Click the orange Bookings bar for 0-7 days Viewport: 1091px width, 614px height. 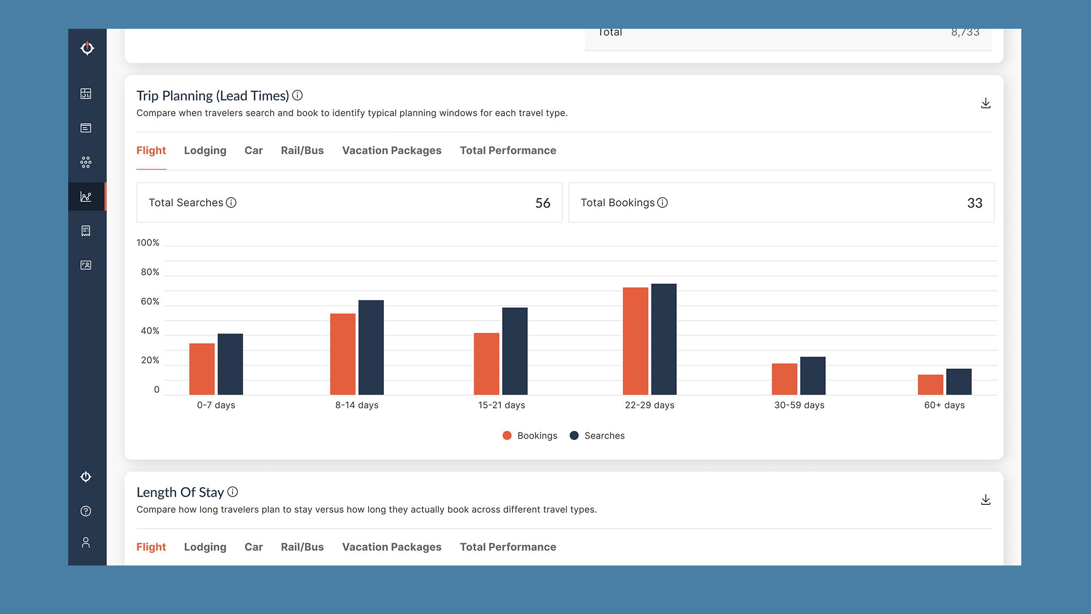click(202, 369)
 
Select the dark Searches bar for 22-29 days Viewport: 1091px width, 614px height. click(663, 339)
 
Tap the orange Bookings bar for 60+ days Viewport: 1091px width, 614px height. click(930, 385)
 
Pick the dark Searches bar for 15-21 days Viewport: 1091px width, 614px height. click(514, 351)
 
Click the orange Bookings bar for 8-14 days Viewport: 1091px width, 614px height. click(342, 354)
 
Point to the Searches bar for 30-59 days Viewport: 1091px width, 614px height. click(812, 375)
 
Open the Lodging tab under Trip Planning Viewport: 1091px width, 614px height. click(205, 151)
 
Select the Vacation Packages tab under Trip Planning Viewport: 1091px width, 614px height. click(391, 151)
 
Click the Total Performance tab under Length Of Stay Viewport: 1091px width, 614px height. click(508, 547)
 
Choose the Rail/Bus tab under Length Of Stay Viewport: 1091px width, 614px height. click(302, 547)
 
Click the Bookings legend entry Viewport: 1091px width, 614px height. click(530, 436)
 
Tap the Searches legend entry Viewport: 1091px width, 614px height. click(598, 436)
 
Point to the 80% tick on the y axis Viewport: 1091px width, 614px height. click(150, 272)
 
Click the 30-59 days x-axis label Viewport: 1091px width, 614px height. click(799, 405)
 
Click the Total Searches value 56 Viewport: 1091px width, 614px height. click(542, 203)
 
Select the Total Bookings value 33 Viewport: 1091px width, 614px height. click(974, 203)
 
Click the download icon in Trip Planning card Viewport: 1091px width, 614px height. click(985, 104)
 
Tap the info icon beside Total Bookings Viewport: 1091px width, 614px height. click(662, 203)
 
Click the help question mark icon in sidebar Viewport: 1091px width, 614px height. click(86, 511)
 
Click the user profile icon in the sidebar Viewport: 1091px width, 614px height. click(86, 543)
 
